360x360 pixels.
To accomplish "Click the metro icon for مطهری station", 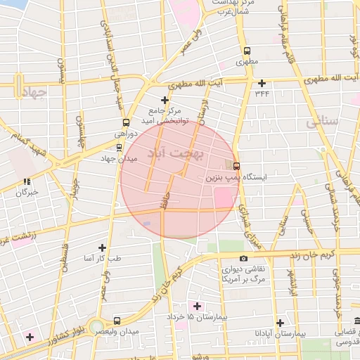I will [x=246, y=51].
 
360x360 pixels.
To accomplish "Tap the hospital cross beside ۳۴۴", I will [x=262, y=83].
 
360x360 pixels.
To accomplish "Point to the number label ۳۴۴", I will [x=262, y=93].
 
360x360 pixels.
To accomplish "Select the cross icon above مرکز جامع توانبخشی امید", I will [x=165, y=100].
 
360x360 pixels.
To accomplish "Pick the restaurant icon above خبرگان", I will [x=27, y=181].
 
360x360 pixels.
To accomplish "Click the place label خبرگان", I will [x=27, y=191].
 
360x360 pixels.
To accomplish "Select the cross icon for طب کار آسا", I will [x=103, y=247].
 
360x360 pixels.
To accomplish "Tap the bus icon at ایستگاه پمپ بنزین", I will [x=236, y=166].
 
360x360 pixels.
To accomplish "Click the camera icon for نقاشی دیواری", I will [x=243, y=258].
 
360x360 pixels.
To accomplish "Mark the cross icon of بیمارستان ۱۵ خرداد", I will [x=197, y=306].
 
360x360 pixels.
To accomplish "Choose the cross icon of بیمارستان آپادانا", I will [x=281, y=322].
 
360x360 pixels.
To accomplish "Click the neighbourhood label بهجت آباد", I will [x=176, y=153].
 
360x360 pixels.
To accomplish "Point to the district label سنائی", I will [x=323, y=121].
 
